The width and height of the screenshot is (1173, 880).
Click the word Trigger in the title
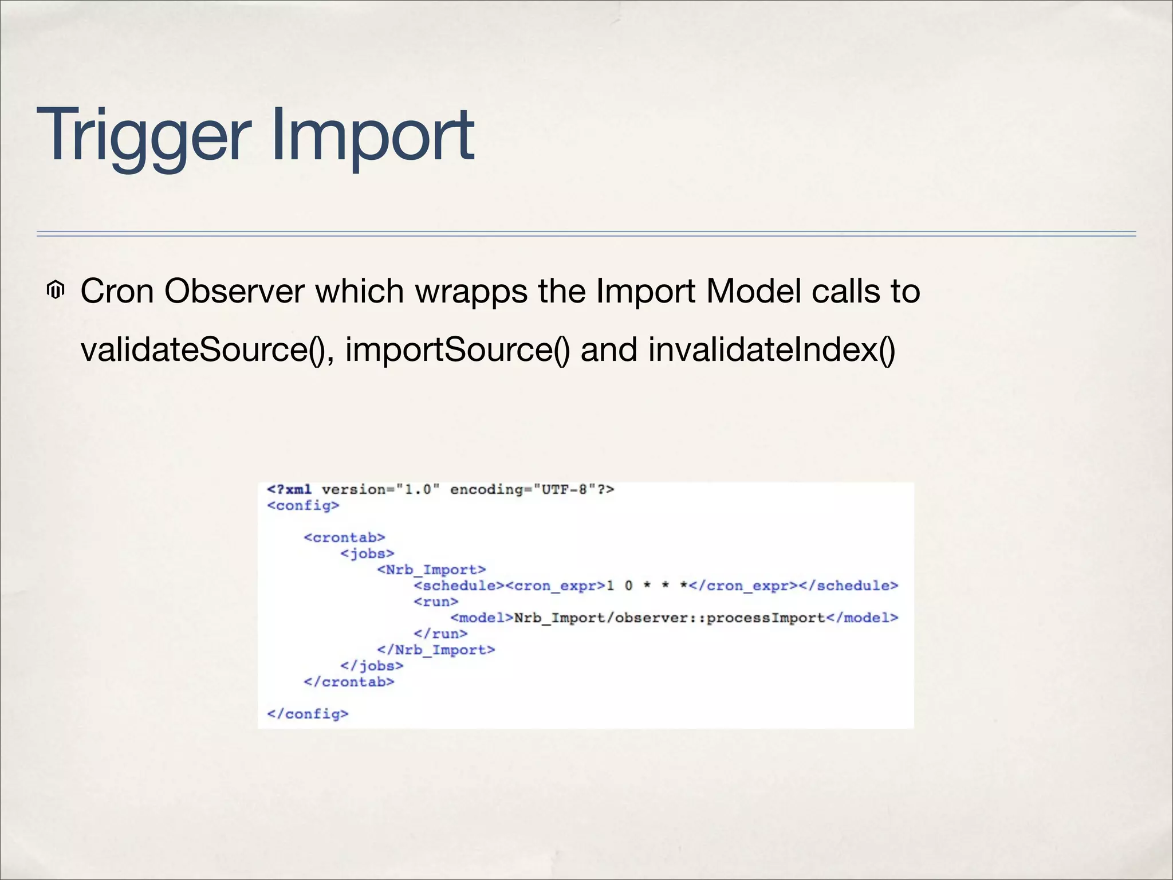coord(143,136)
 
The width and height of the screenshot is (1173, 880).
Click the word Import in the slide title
coord(372,136)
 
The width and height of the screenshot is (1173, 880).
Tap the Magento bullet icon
coord(56,290)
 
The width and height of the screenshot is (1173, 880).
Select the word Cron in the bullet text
coord(117,291)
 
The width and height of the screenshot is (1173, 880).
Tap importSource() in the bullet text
coord(457,349)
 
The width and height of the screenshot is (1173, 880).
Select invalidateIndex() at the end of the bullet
coord(771,349)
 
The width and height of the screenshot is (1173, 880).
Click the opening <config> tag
coord(303,505)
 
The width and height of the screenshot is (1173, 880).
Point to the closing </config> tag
coord(308,714)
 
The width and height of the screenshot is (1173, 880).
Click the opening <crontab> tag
coord(344,537)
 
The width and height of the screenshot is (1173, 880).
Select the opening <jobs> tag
coord(367,553)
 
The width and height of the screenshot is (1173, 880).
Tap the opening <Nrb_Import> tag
coord(431,569)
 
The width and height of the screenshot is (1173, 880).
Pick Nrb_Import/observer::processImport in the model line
coord(669,618)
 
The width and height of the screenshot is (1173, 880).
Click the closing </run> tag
coord(440,634)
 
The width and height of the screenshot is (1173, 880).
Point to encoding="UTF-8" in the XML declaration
coord(532,489)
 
